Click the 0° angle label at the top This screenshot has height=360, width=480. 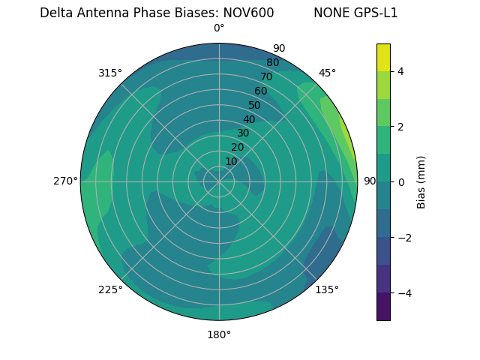[219, 28]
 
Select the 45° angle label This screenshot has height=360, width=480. [327, 73]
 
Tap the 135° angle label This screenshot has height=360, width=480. [327, 289]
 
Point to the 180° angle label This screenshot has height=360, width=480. [219, 334]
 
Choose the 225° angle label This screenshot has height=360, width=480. [110, 289]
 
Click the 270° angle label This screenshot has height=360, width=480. [65, 181]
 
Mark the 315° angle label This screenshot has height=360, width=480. [110, 73]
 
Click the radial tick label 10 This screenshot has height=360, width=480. [231, 161]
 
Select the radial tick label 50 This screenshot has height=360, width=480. [254, 105]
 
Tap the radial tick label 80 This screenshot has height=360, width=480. [272, 62]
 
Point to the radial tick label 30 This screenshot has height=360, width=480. [242, 133]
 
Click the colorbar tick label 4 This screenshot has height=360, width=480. [400, 71]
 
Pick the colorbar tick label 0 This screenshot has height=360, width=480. [400, 182]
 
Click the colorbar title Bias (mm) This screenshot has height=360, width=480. [421, 181]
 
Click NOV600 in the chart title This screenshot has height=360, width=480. [248, 13]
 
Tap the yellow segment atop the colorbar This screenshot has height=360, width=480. [383, 57]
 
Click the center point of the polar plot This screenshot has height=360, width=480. [219, 181]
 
